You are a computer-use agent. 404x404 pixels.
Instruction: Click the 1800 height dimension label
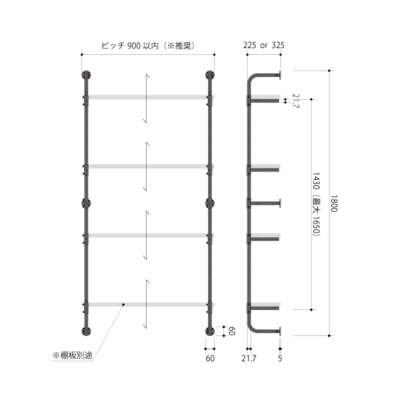coord(334,203)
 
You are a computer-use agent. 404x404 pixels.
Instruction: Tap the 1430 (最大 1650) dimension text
coord(316,204)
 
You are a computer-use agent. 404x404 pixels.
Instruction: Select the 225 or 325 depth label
coord(264,46)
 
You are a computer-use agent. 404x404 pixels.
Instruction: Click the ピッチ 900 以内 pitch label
coord(125,46)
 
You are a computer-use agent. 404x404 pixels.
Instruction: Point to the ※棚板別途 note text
coord(72,356)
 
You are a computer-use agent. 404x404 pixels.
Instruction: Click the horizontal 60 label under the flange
coord(210,358)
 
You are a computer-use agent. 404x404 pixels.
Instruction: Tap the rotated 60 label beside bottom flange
coord(232,331)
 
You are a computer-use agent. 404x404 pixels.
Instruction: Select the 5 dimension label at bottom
coord(280,358)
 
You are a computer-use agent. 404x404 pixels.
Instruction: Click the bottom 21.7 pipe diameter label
coord(249,358)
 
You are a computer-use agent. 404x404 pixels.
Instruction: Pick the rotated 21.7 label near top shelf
coord(295,101)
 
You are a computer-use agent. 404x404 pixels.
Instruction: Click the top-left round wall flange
coord(87,75)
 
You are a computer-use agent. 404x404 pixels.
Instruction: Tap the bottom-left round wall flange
coord(87,331)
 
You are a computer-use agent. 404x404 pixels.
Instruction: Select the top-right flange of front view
coord(210,75)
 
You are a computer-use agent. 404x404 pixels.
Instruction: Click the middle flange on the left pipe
coord(87,203)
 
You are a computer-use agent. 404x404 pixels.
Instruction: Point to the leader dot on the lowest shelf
coord(124,305)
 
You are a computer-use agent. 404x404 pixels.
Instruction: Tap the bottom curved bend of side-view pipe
coord(250,328)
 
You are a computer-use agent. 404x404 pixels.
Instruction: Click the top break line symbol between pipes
coord(147,99)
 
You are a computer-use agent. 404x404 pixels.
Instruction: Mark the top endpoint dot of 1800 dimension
coord(329,70)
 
